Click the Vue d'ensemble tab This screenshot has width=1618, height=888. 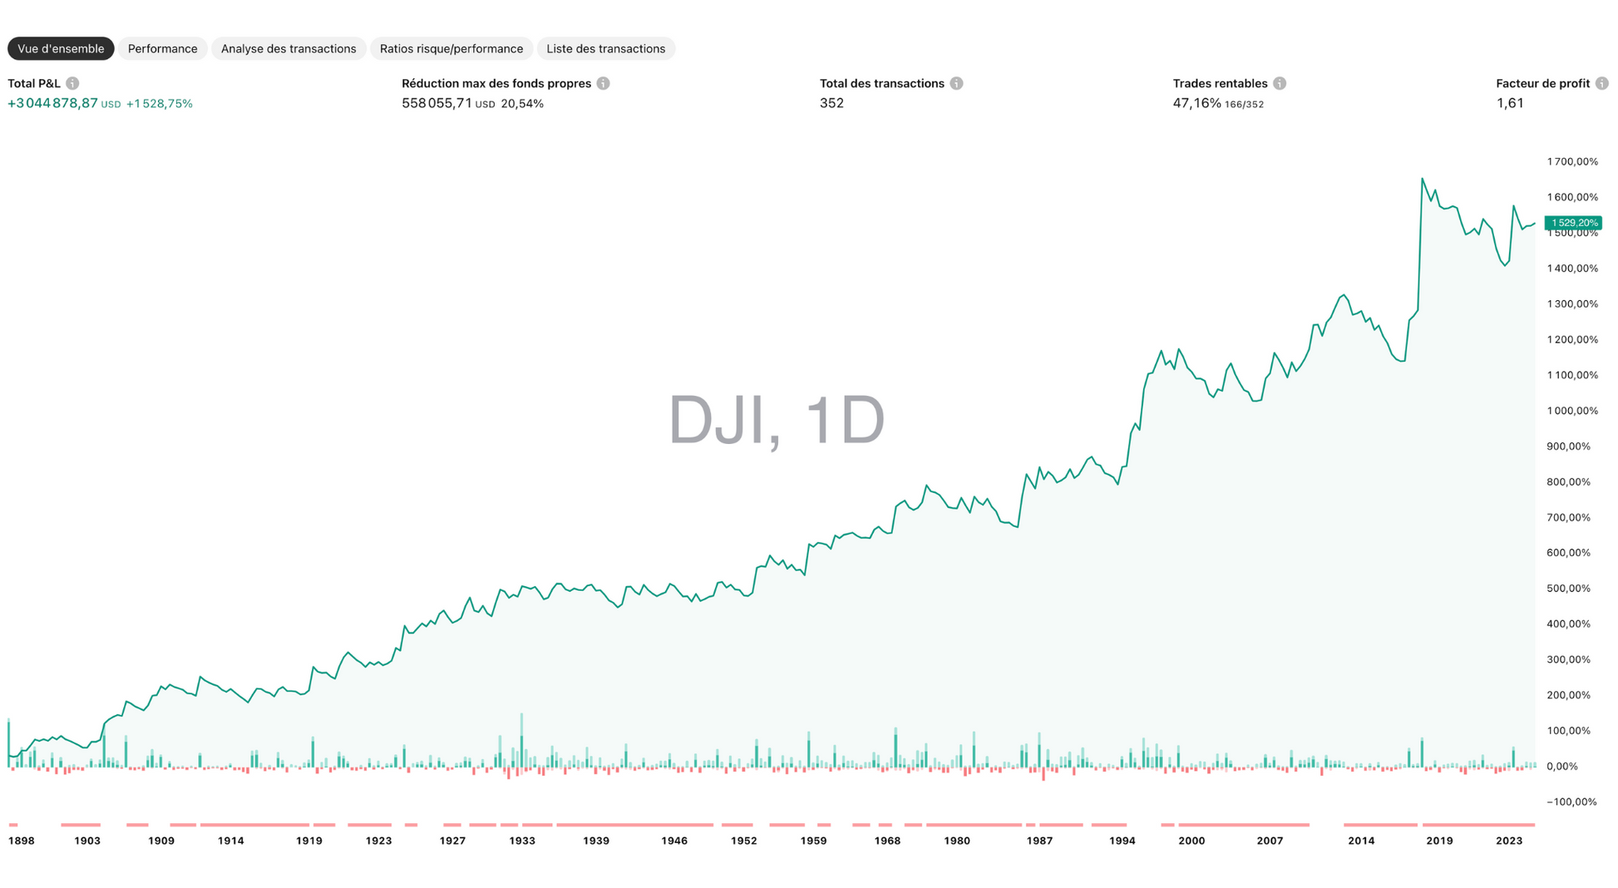tap(61, 49)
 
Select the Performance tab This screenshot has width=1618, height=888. tap(162, 49)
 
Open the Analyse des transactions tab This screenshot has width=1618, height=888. tap(289, 49)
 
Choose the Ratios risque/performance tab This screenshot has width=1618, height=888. tap(451, 49)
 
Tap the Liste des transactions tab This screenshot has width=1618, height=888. tap(605, 49)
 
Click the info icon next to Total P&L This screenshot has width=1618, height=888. tap(73, 83)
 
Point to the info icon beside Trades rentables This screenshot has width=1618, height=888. tap(1280, 83)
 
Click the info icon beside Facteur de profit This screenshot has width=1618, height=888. tap(1601, 83)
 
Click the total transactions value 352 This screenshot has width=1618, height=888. tap(831, 103)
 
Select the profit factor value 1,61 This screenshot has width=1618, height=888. tap(1510, 103)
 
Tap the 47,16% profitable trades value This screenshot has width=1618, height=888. tap(1196, 103)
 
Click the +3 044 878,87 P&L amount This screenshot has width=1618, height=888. tap(52, 103)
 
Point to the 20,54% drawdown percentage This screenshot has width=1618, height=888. tap(522, 104)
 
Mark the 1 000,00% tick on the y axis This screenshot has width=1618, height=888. tap(1572, 411)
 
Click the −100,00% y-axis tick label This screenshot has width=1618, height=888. tap(1572, 802)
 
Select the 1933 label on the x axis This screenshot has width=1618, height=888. tap(522, 841)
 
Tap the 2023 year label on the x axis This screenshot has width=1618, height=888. tap(1509, 841)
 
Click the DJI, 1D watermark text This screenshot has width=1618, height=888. tap(777, 420)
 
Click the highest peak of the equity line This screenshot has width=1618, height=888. tap(1422, 179)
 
